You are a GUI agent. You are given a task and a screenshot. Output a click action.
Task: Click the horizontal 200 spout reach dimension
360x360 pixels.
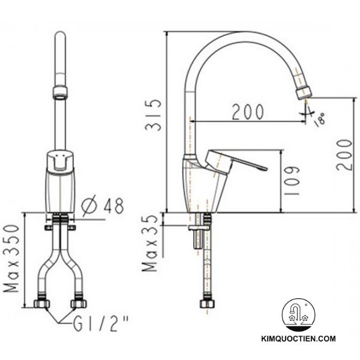point(247,112)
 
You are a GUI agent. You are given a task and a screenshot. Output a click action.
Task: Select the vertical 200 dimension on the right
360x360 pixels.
point(344,154)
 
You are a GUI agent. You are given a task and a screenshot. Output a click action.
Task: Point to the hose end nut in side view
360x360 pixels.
point(206,305)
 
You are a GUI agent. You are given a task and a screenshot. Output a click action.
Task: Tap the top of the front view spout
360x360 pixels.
point(59,37)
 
